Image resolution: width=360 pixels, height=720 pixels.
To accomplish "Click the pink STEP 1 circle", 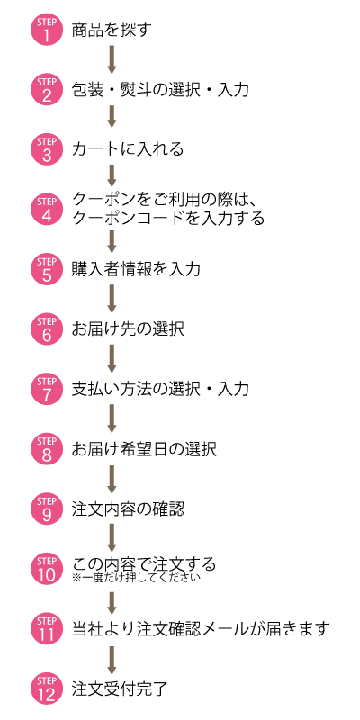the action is tap(47, 30).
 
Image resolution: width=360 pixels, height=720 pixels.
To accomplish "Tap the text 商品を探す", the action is tap(112, 30).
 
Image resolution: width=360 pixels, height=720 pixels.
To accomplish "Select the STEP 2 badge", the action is tap(47, 89).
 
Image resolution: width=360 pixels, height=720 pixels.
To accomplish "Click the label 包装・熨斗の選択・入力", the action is tap(161, 89).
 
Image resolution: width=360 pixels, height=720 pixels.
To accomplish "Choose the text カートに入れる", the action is tap(128, 149).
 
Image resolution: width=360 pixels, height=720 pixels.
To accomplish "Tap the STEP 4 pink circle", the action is tap(47, 209).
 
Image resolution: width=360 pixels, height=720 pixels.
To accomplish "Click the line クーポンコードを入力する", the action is tap(168, 218).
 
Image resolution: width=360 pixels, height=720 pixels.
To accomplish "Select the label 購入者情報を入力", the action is tap(136, 268).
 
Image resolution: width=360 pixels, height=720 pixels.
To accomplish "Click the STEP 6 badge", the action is tap(47, 328).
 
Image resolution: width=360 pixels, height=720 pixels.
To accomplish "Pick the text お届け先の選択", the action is tap(128, 328).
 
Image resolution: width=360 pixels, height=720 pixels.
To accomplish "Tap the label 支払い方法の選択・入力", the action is tap(161, 389).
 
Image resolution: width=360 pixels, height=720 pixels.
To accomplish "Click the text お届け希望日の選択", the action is tap(144, 448).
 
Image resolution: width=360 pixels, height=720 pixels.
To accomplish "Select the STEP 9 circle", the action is tap(47, 508).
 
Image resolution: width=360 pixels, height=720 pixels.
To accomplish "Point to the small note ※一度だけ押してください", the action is tap(137, 577).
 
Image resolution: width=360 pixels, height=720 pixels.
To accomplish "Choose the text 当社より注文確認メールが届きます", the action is tap(201, 628).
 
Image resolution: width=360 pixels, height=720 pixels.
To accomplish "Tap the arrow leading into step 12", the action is tap(112, 660).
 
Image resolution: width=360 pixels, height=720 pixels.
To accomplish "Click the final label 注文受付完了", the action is tap(120, 688).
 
